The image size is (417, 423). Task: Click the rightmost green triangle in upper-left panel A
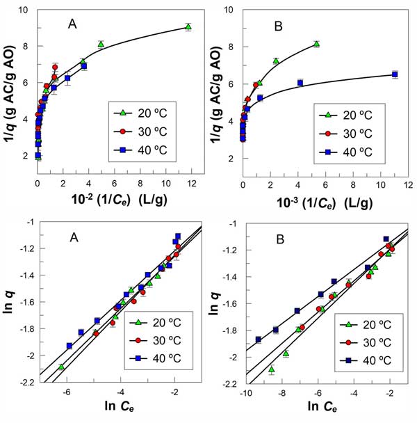(188, 26)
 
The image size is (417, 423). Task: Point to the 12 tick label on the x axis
(192, 182)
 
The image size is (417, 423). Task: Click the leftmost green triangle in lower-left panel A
(61, 366)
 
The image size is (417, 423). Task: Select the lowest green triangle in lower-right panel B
(271, 369)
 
